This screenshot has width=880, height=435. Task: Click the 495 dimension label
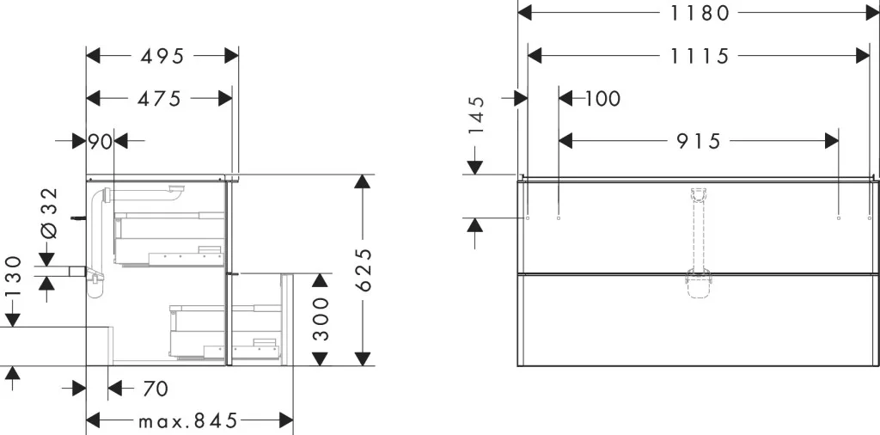162,56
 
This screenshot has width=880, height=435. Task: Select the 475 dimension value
159,98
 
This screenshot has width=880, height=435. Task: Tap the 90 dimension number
101,142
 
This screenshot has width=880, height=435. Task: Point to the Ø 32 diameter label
50,212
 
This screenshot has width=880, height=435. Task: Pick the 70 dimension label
155,388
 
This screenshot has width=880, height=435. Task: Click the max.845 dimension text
189,420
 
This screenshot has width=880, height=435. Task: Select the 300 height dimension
321,320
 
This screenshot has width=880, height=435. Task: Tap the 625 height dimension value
364,270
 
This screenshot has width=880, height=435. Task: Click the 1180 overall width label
700,12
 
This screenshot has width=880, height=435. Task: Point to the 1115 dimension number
700,56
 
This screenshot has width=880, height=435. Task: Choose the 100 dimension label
602,99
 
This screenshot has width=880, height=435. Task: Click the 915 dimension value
698,142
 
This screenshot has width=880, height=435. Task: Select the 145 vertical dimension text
476,115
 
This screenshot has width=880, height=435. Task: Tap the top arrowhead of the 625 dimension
364,181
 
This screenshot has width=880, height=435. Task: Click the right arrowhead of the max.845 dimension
286,420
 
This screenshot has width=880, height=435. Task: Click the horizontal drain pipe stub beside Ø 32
78,272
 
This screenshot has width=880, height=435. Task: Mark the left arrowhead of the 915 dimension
565,142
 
